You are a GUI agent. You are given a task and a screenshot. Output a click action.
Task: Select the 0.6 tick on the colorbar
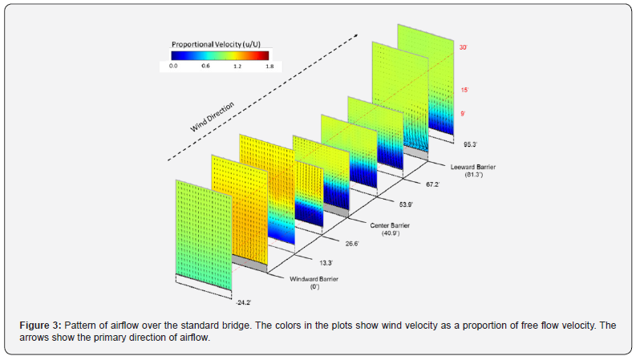click(205, 67)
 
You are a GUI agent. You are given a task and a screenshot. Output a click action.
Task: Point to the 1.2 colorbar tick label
click(237, 67)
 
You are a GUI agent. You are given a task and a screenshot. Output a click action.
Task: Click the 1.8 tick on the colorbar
click(269, 67)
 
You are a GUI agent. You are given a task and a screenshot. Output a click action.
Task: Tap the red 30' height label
click(463, 47)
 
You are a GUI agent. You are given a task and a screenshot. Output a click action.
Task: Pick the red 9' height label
click(463, 114)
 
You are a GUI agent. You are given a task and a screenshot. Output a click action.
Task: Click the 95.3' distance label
click(471, 145)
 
